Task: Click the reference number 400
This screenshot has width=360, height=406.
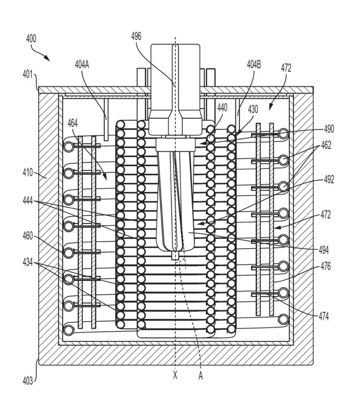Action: pyautogui.click(x=31, y=39)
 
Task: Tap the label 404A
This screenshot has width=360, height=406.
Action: pyautogui.click(x=82, y=65)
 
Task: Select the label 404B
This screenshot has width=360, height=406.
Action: pyautogui.click(x=254, y=64)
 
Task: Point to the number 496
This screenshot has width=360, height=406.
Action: pyautogui.click(x=136, y=36)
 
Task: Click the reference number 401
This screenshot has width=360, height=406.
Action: pyautogui.click(x=27, y=74)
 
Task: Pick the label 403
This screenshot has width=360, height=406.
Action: pyautogui.click(x=28, y=381)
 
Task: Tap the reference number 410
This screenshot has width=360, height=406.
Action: pyautogui.click(x=28, y=172)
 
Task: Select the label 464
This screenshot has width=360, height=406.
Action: pyautogui.click(x=73, y=123)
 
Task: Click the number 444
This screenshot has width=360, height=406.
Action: pyautogui.click(x=28, y=201)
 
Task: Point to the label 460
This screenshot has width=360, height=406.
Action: pyautogui.click(x=28, y=236)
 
